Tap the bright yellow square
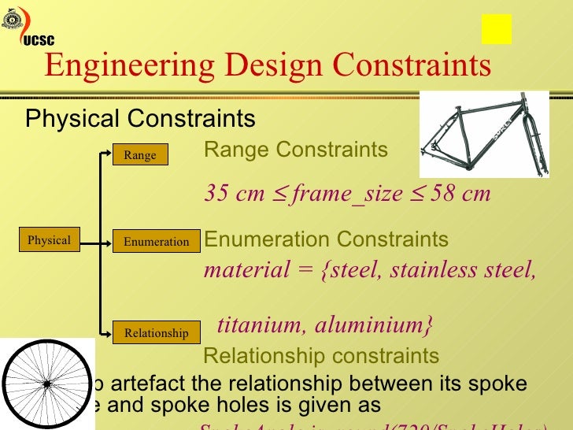tap(497, 29)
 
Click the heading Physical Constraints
tap(140, 119)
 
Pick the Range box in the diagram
tap(140, 155)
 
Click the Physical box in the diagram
tap(49, 240)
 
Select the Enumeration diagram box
tap(156, 242)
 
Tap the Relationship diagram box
tap(156, 333)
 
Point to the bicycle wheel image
tap(46, 384)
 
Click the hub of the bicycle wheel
tap(46, 384)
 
